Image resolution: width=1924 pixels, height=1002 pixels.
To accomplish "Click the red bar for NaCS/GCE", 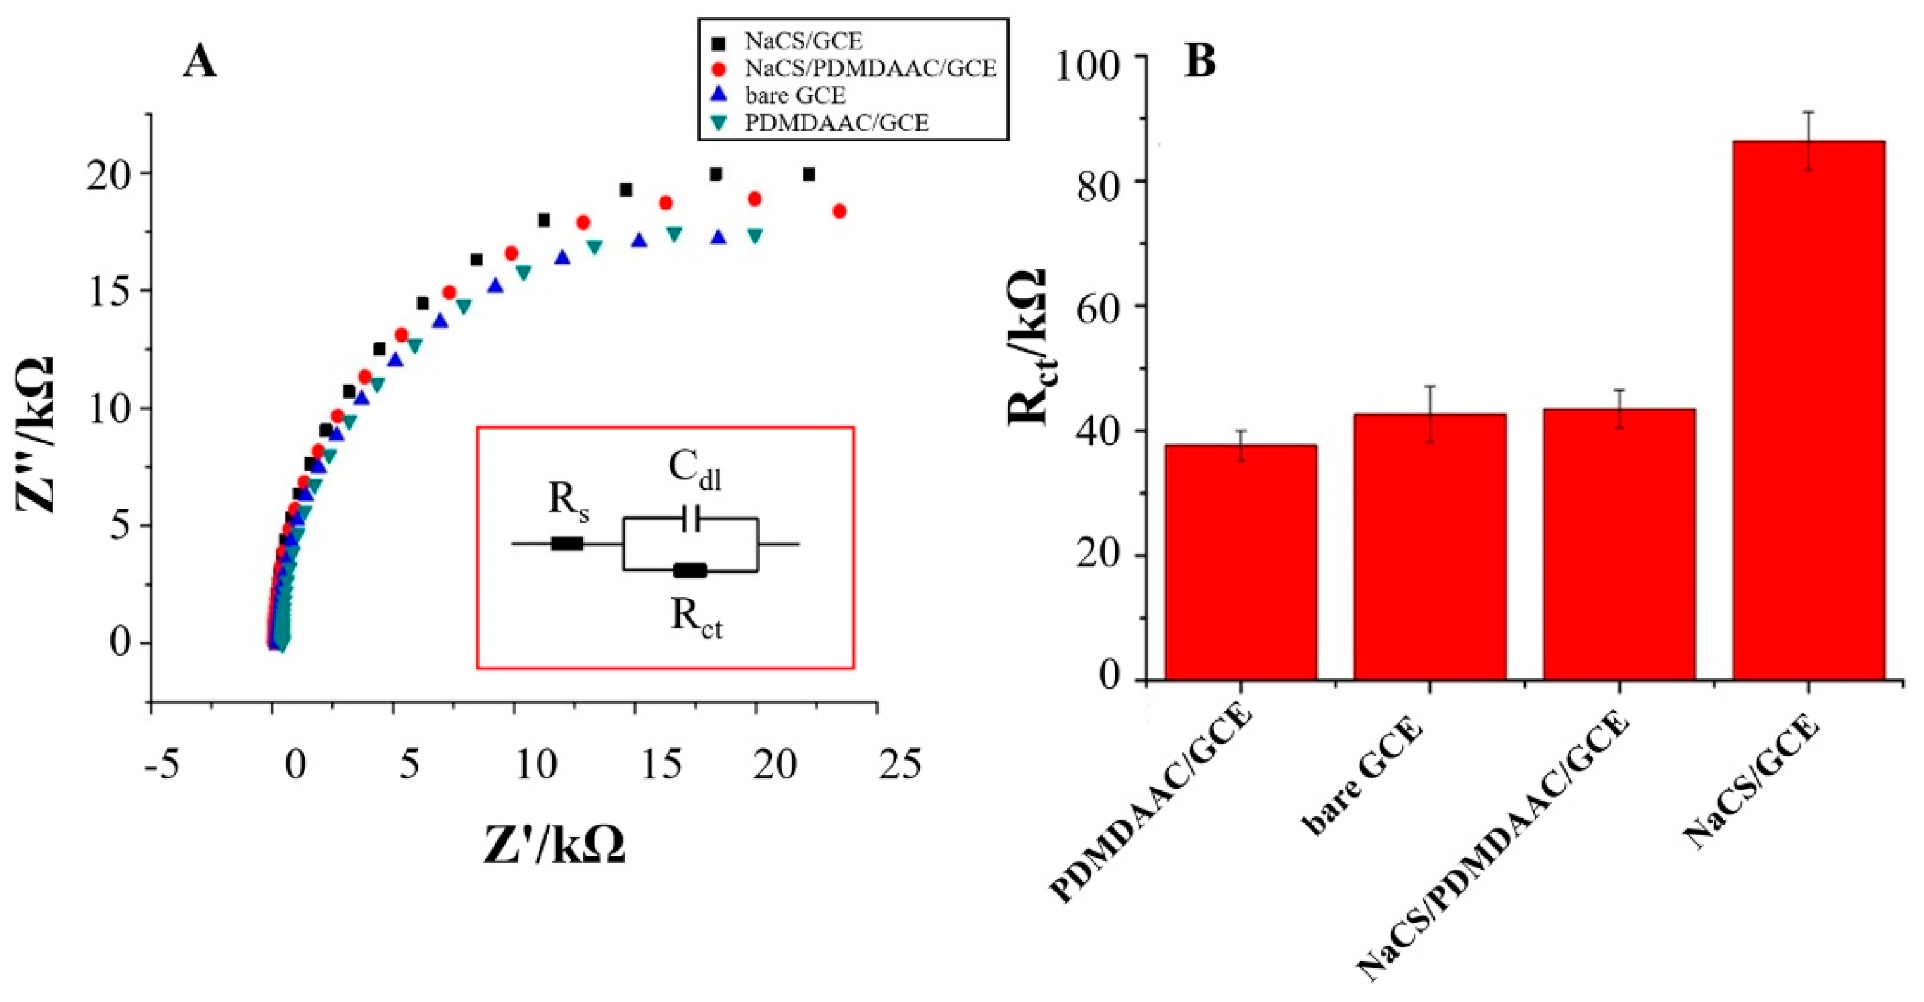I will (1808, 411).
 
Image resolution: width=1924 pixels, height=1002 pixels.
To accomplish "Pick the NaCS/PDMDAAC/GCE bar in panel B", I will (1619, 544).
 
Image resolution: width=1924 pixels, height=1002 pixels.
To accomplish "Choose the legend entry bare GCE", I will (795, 96).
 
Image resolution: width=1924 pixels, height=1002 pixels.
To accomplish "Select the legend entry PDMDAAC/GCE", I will (837, 122).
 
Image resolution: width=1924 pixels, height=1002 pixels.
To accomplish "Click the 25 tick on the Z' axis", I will (899, 765).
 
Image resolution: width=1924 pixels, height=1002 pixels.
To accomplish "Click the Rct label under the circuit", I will (696, 620).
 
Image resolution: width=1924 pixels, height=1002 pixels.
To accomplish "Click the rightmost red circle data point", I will (839, 212).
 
